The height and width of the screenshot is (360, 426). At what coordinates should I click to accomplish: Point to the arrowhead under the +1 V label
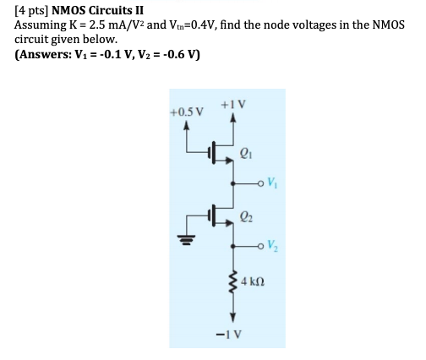(232, 118)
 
